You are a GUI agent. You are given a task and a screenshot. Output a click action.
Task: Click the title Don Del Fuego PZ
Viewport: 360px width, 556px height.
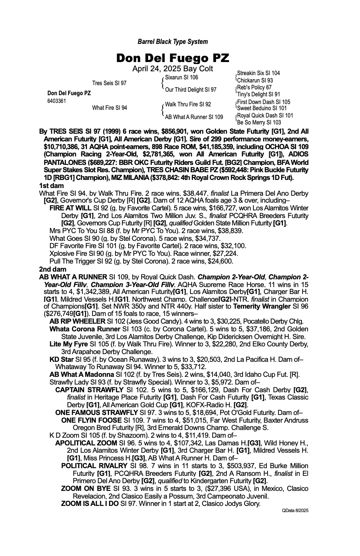pos(172,58)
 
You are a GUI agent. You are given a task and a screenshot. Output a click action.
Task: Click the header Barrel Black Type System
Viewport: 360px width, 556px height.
pos(172,42)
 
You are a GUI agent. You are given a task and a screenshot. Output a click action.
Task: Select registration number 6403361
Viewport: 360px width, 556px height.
pos(56,101)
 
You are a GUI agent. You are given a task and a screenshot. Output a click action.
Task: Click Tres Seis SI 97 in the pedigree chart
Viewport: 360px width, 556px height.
pos(109,83)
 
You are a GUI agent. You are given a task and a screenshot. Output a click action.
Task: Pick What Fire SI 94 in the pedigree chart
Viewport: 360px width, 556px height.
pos(109,108)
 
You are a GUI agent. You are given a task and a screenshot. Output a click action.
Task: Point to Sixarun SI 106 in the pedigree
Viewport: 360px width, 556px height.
pos(181,77)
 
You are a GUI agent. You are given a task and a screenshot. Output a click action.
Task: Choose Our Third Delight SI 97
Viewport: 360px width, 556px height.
pos(191,90)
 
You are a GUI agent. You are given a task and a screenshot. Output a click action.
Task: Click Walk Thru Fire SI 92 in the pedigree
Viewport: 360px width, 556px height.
pos(188,104)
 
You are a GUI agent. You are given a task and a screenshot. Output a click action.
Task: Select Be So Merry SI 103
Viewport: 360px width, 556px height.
pos(259,123)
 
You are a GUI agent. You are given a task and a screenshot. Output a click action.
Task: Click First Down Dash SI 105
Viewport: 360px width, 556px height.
pos(263,102)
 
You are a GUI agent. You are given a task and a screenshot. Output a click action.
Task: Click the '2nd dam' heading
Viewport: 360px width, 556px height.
pos(53,269)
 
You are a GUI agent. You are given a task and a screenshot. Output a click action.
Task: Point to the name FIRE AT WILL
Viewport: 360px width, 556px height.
pos(70,208)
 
